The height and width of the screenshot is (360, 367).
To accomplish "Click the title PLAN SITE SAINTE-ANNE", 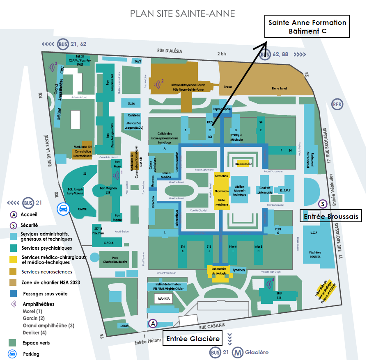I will (183, 14).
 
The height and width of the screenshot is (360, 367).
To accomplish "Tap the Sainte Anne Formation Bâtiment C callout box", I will (307, 27).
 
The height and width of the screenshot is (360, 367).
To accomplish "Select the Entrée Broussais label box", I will (331, 216).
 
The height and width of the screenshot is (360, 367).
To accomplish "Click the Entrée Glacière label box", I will (193, 339).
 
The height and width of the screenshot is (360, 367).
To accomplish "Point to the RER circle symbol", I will (337, 104).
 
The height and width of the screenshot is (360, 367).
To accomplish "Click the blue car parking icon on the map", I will (63, 209).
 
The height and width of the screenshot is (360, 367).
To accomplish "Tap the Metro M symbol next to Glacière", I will (237, 352).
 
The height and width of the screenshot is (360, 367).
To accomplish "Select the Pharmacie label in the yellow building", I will (222, 191).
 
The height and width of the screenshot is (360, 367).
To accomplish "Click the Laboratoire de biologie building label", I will (220, 271).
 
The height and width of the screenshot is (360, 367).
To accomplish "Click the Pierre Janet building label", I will (280, 88).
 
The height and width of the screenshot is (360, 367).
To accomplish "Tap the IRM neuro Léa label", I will (243, 164).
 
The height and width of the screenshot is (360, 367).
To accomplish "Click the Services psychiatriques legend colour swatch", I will (14, 248).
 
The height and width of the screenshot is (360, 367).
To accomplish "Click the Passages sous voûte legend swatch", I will (14, 294).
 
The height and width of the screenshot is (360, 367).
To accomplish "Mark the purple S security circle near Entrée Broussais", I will (323, 203).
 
